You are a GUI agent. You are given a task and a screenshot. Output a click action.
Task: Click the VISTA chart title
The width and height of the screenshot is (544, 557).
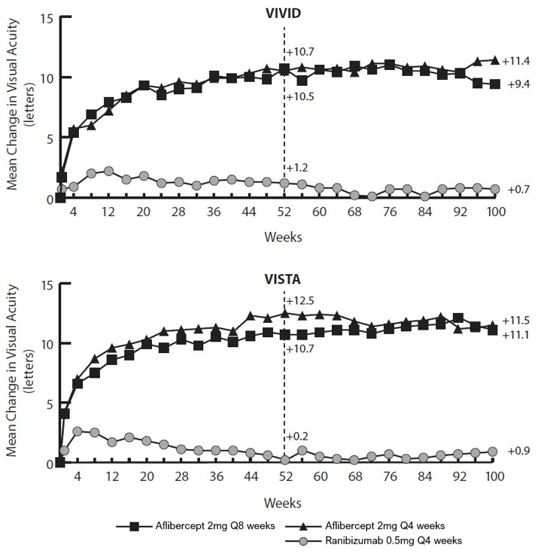click(284, 278)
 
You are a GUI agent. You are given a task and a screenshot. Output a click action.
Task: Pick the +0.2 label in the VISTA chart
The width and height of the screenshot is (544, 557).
click(297, 436)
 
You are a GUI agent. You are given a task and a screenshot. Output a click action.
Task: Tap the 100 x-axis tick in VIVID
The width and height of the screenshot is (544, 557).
click(494, 213)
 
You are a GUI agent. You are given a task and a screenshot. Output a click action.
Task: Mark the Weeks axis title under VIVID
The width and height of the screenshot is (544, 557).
click(283, 236)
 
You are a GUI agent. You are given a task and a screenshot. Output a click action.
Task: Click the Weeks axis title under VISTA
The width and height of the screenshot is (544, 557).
click(283, 501)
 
